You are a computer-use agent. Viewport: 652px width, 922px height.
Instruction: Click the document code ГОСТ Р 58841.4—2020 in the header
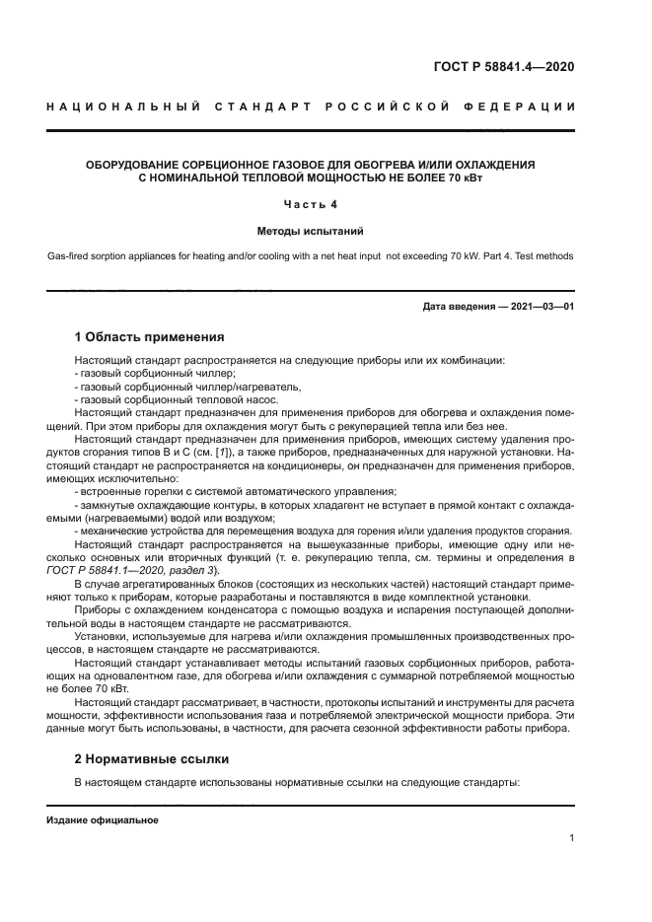(x=503, y=67)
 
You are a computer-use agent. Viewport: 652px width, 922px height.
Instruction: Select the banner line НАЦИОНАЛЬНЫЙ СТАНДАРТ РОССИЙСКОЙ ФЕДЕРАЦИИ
(x=311, y=106)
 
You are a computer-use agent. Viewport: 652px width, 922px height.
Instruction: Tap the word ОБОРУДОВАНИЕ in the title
(x=137, y=165)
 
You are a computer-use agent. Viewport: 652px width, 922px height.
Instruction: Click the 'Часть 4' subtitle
(x=311, y=204)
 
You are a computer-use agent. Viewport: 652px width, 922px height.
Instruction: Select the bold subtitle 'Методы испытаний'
(x=311, y=231)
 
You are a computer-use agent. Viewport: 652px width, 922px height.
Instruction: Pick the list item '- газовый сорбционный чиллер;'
(x=155, y=374)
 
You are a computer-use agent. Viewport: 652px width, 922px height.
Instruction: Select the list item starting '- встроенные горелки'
(x=236, y=491)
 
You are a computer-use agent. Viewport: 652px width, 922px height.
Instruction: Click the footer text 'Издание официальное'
(x=102, y=820)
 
